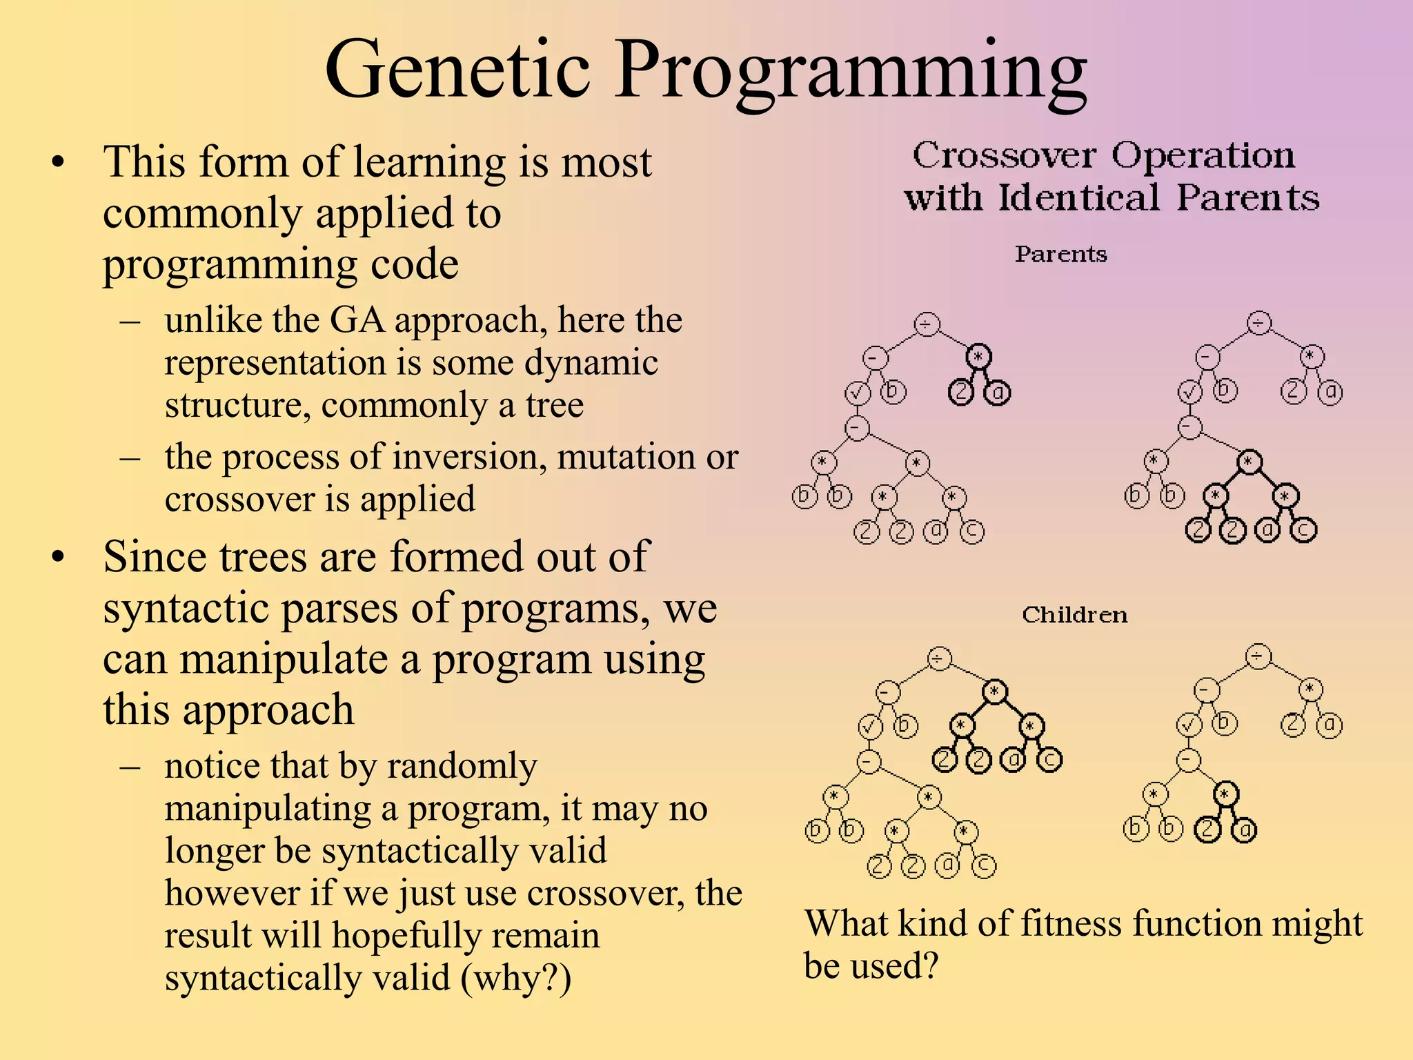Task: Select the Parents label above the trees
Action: (x=1060, y=254)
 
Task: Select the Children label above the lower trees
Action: (x=1074, y=614)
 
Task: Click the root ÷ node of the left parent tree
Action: (x=927, y=324)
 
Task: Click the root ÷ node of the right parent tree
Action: (x=1259, y=322)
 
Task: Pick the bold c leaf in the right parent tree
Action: (x=1303, y=530)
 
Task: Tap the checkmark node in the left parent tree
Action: (x=858, y=393)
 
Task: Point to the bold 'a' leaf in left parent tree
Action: (x=997, y=393)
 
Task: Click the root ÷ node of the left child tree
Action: (x=939, y=658)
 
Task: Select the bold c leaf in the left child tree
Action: (x=1049, y=760)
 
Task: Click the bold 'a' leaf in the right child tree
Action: (x=1244, y=830)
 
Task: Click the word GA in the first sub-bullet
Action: (x=357, y=320)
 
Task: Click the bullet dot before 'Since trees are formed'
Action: (x=58, y=556)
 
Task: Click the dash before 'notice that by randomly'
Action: (x=130, y=767)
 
